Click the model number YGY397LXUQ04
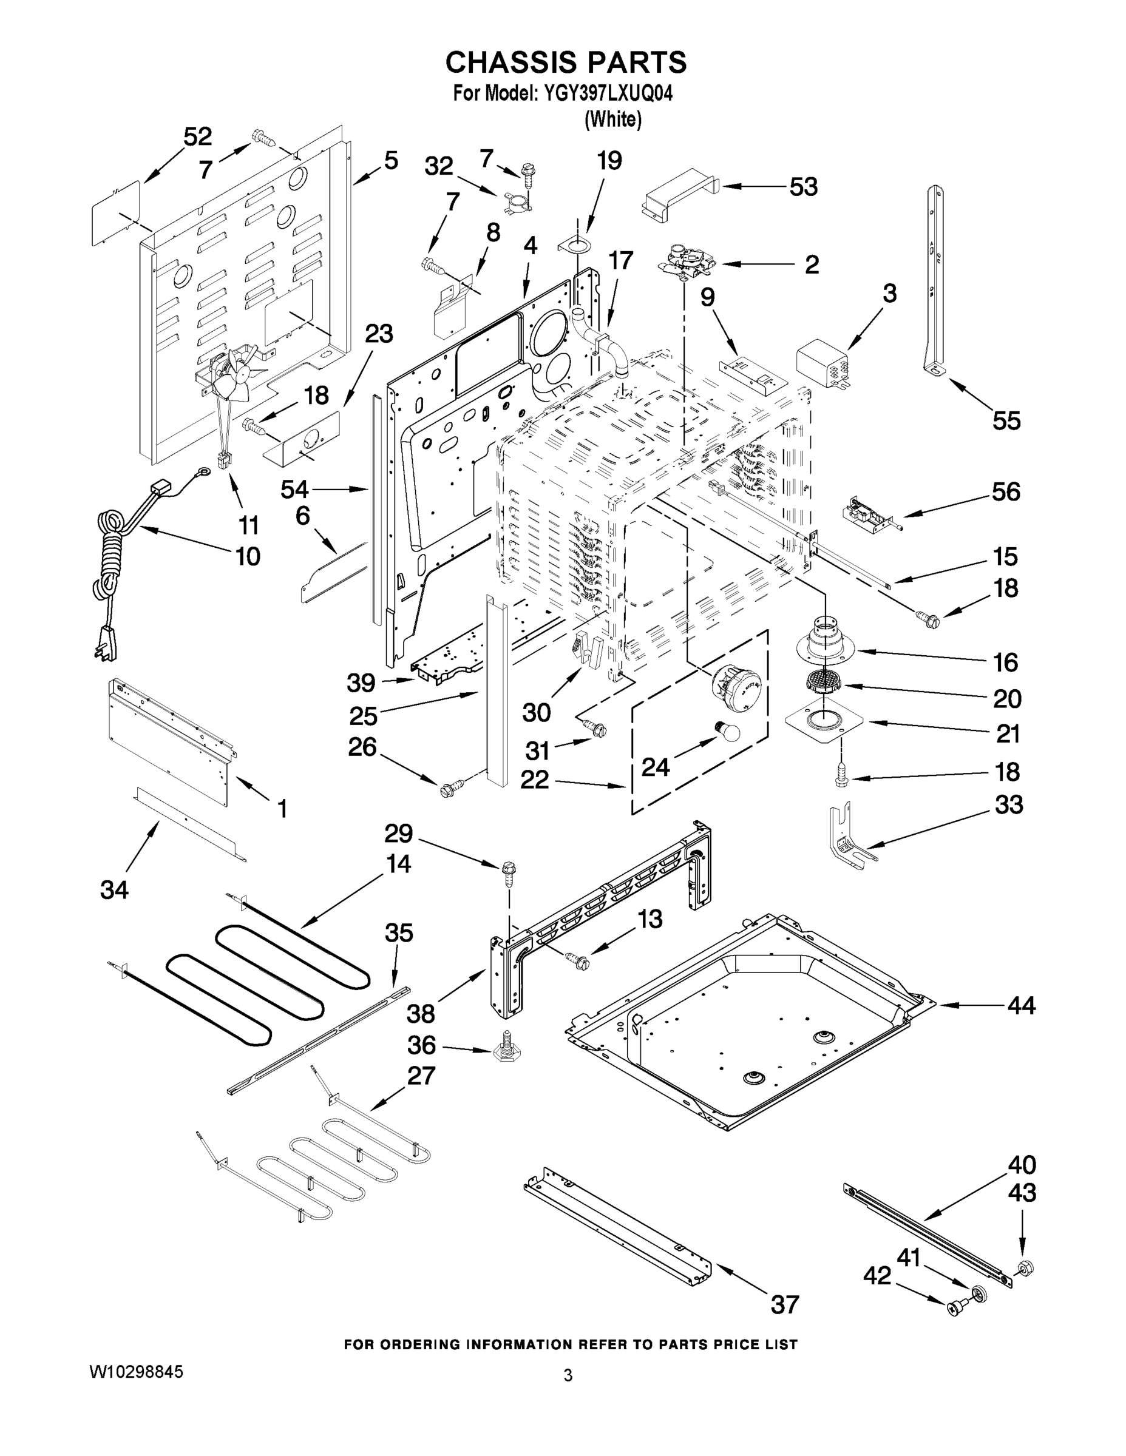[x=608, y=93]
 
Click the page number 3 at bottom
[x=568, y=1375]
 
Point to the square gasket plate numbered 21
[x=825, y=721]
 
